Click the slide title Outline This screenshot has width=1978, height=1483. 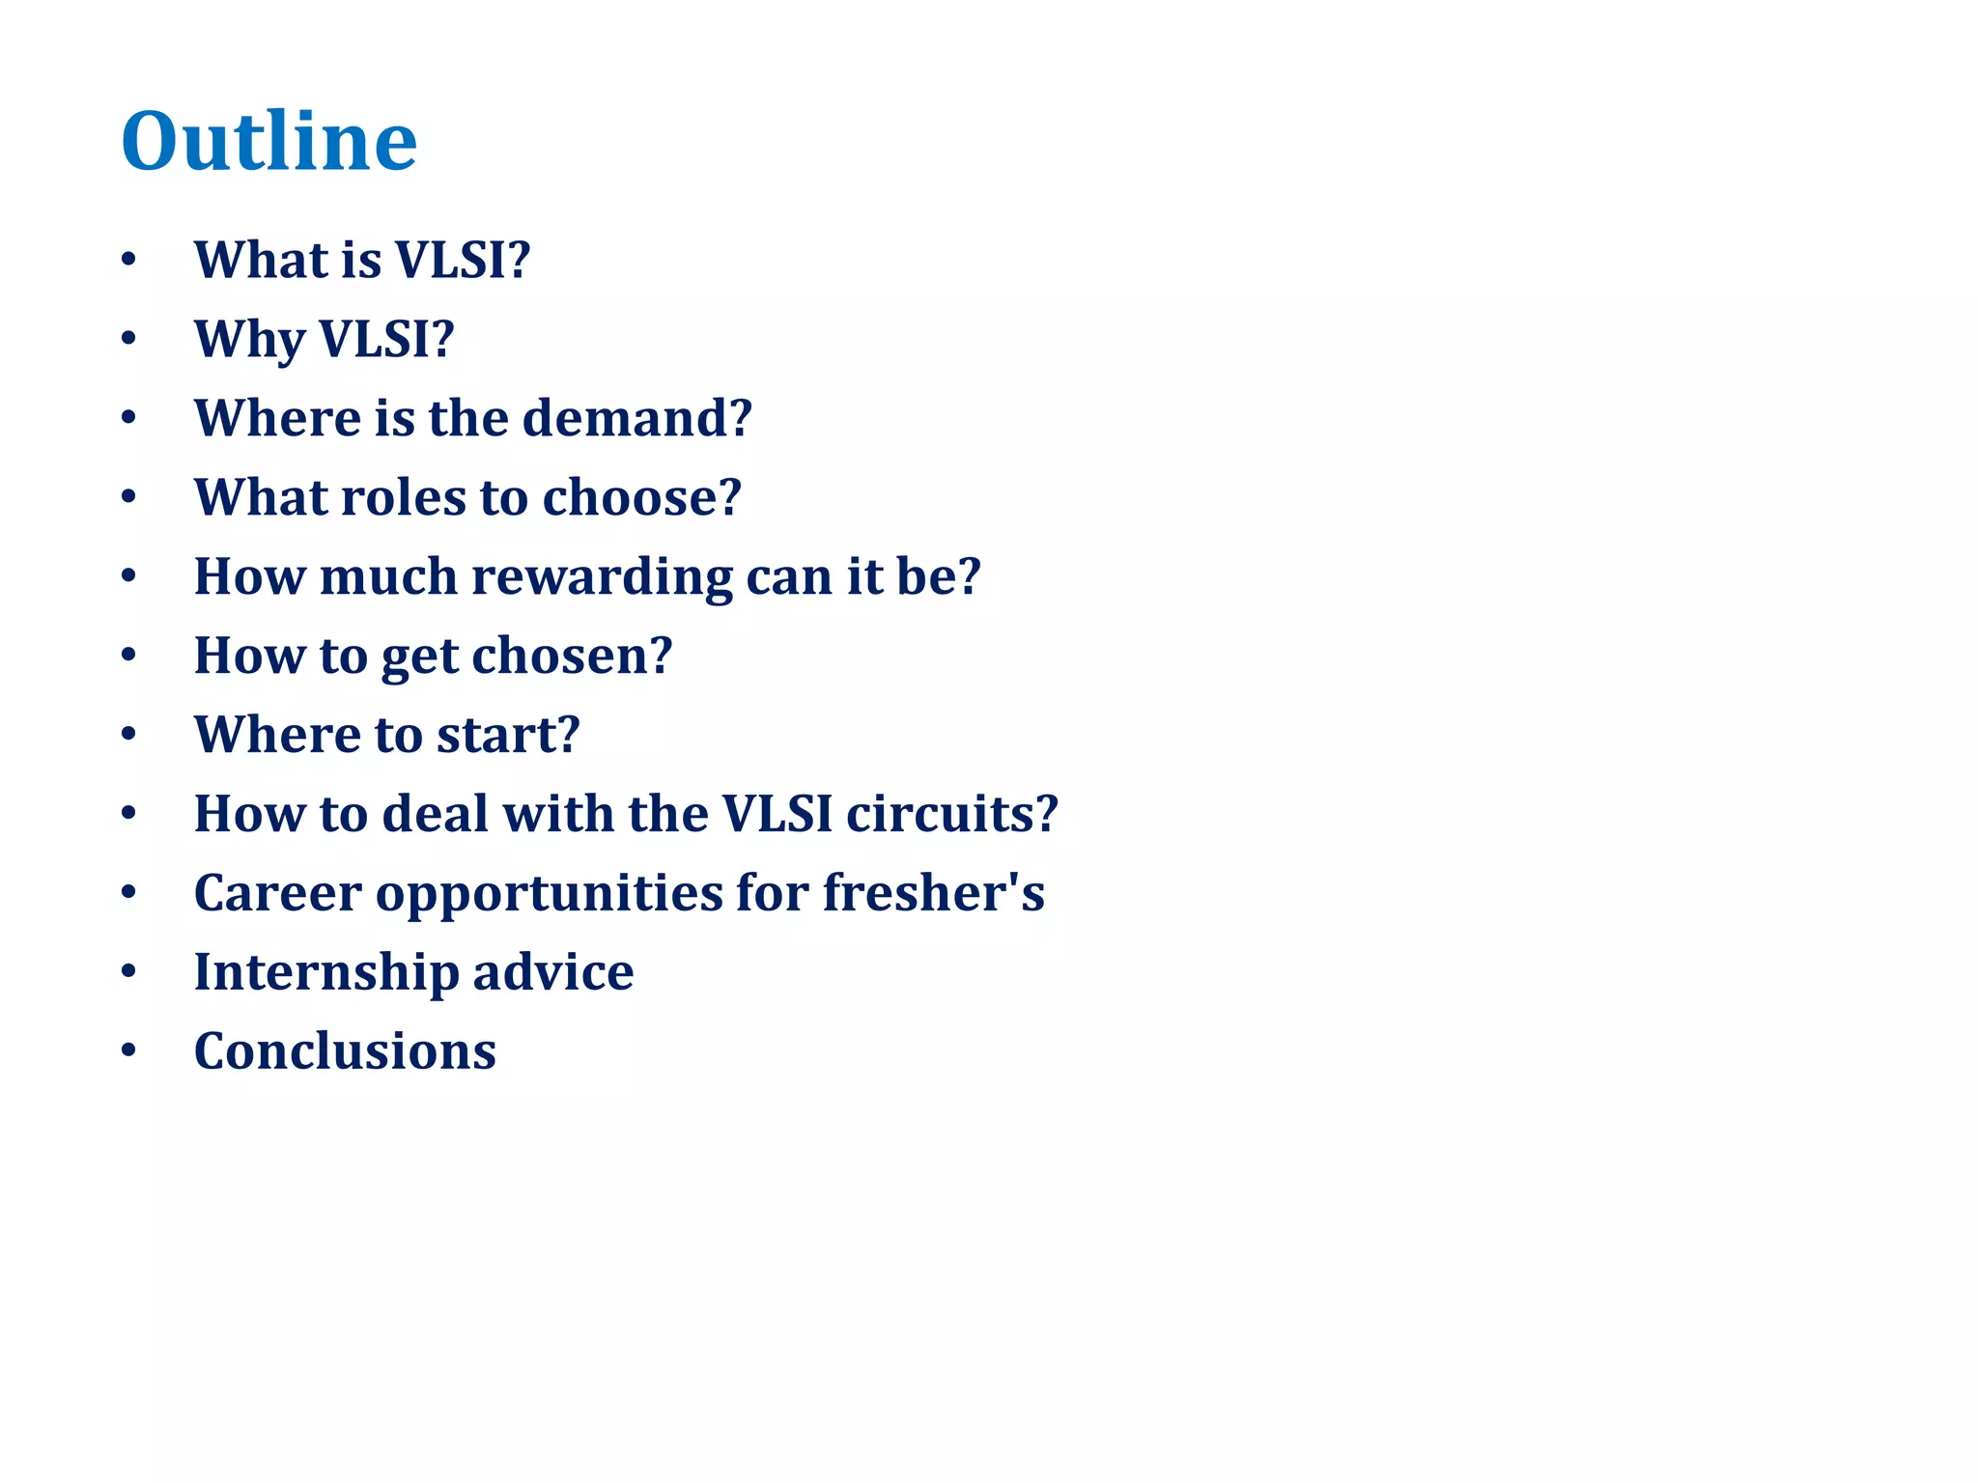[268, 142]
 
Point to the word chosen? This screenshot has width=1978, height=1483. [571, 656]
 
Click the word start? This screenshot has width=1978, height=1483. [507, 735]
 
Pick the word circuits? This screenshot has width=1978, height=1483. [951, 814]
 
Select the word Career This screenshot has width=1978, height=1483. [277, 893]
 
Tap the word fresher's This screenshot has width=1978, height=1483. [933, 893]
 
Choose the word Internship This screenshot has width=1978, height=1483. [325, 972]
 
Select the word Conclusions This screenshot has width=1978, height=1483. [345, 1051]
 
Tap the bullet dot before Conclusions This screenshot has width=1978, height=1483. [128, 1051]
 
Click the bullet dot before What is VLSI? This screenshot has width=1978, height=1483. [128, 261]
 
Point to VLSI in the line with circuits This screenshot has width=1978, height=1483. [777, 814]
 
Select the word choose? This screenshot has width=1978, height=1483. [641, 497]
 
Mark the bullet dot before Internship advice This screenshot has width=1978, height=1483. [128, 972]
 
